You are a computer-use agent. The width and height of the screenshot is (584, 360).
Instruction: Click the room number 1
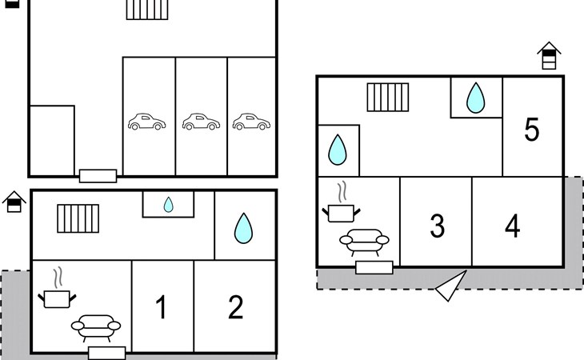pos(162,307)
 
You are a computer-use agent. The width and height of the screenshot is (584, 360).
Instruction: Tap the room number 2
pos(235,307)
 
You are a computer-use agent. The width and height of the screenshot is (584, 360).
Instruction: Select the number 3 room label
pos(437,226)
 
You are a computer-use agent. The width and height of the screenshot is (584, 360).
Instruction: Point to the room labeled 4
pos(512,226)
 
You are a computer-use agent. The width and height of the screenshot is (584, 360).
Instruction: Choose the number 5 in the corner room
pos(532,130)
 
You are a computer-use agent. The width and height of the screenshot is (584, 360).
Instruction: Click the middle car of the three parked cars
pos(201,122)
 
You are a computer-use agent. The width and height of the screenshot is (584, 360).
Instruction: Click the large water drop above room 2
pos(242,228)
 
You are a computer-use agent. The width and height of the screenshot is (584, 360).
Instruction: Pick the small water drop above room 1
pos(168,205)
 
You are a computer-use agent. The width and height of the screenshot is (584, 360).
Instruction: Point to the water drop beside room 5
pos(476,98)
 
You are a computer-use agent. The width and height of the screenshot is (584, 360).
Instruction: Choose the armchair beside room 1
pos(96,326)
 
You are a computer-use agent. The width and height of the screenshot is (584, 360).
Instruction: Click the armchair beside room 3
pos(364,239)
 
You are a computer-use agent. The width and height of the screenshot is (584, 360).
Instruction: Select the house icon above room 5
pos(549,56)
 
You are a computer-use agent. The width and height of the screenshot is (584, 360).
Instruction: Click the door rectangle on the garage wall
pos(98,175)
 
